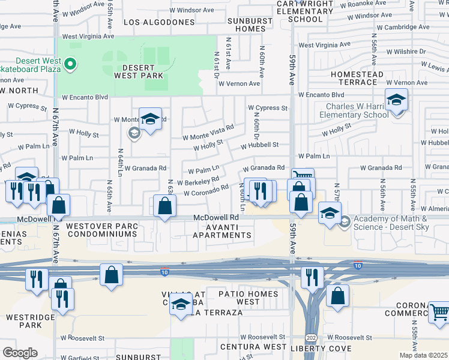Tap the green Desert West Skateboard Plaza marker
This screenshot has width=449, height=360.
pyautogui.click(x=70, y=63)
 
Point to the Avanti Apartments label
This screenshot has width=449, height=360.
pyautogui.click(x=221, y=231)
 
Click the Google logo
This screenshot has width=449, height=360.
pyautogui.click(x=20, y=352)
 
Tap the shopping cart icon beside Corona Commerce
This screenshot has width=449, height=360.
pyautogui.click(x=439, y=313)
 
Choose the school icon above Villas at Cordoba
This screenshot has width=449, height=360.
pyautogui.click(x=181, y=305)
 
